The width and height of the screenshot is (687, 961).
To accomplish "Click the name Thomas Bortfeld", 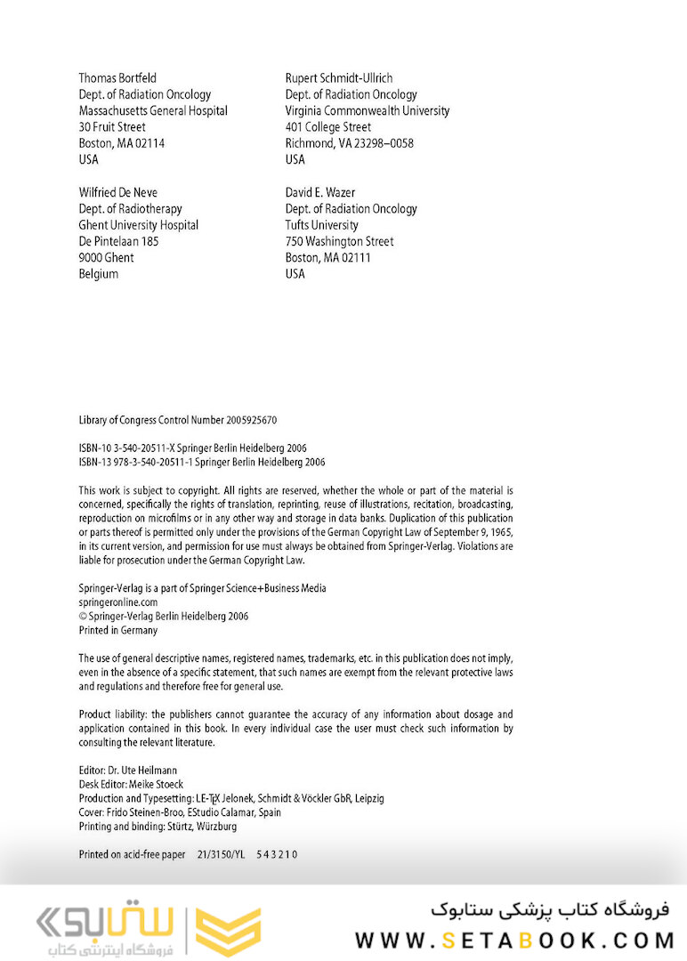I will (x=117, y=78).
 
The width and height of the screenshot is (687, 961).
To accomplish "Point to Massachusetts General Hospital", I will (x=153, y=110).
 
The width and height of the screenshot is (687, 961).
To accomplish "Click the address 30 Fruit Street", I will (x=112, y=126).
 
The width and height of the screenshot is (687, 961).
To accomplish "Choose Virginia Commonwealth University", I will (x=368, y=110).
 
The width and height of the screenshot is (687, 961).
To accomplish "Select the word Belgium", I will (x=98, y=273).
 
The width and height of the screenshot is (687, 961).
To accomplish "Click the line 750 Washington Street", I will (x=339, y=241).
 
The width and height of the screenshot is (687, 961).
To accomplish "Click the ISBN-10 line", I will (x=193, y=448).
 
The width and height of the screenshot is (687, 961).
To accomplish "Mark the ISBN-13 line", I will (x=202, y=462).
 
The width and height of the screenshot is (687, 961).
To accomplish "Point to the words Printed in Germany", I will (x=118, y=630).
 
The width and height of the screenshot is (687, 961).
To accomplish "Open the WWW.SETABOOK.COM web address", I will (x=514, y=941).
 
